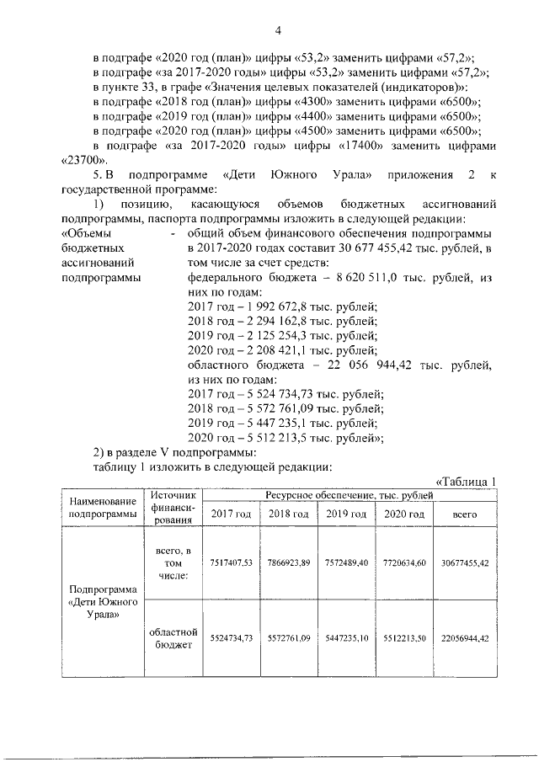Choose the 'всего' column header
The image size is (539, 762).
pyautogui.click(x=465, y=514)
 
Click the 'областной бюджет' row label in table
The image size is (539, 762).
pyautogui.click(x=174, y=639)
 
